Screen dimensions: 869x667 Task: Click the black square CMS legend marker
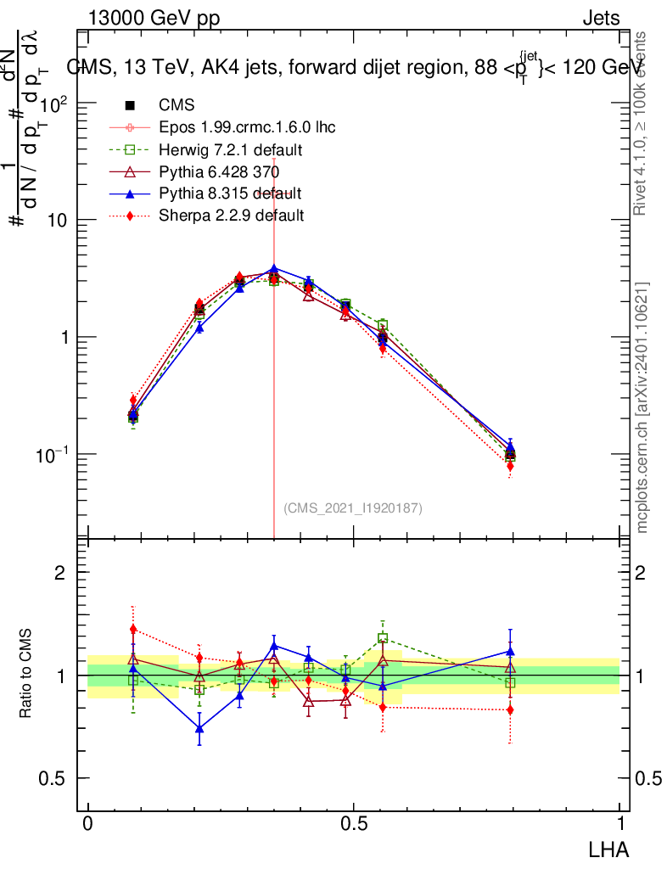[x=131, y=105]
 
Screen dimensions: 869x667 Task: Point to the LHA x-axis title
[x=609, y=848]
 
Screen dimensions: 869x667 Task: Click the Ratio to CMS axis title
[x=26, y=673]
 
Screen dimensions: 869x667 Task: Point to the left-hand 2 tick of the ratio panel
[x=60, y=573]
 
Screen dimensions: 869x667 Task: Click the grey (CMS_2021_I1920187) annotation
[x=353, y=507]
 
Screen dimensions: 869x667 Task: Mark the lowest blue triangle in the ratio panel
[x=199, y=728]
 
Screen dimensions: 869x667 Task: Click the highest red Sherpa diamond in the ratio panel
[x=133, y=629]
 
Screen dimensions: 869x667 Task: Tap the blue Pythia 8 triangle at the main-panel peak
[x=273, y=269]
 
